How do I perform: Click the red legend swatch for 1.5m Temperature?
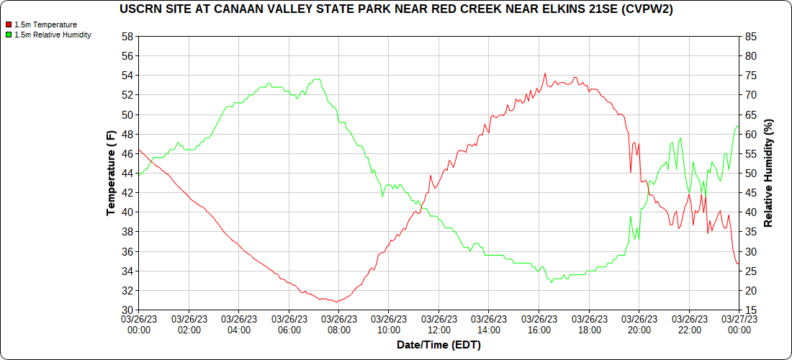point(9,24)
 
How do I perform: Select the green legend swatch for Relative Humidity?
point(9,35)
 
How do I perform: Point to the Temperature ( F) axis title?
point(111,174)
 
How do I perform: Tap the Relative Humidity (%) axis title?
point(768,174)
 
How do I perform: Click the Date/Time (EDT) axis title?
point(438,345)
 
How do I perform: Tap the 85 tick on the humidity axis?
point(750,37)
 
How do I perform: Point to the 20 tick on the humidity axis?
point(750,291)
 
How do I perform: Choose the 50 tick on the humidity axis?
point(750,174)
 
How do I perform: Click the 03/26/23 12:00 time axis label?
point(438,324)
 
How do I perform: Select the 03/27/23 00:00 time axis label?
point(739,324)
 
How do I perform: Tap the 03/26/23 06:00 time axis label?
point(289,324)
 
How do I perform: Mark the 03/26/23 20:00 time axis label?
point(639,324)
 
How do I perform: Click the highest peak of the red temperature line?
point(545,73)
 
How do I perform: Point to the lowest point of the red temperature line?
point(336,302)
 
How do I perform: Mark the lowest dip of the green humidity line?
point(552,282)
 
